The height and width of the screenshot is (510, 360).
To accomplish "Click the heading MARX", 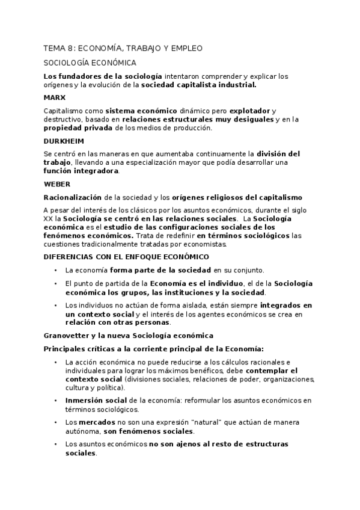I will point(55,97).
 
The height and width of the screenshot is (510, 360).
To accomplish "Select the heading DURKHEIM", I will point(64,140).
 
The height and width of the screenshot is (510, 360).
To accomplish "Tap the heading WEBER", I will point(58,183).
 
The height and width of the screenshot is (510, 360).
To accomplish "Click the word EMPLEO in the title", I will point(185,48).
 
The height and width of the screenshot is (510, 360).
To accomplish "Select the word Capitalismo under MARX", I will point(64,111).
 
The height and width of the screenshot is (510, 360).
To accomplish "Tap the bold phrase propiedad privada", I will point(75,127).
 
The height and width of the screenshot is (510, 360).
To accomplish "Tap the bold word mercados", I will point(93,422).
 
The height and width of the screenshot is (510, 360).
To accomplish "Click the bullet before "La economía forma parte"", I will point(55,270).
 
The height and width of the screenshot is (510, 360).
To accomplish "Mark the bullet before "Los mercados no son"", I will point(55,422).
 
